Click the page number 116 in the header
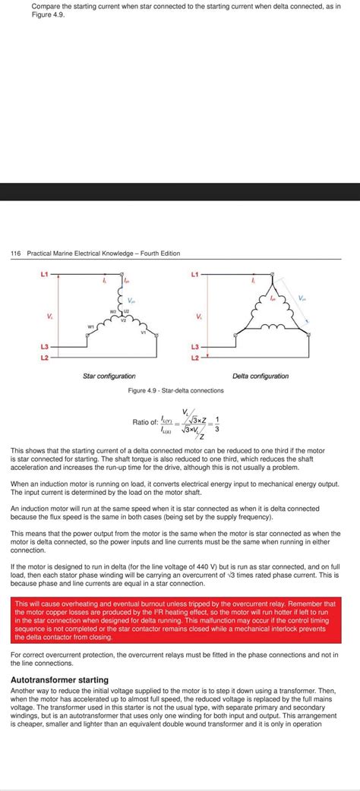coord(15,253)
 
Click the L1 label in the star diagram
coord(44,273)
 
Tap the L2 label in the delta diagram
coord(195,357)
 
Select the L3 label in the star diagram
coord(44,347)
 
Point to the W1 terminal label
coord(92,326)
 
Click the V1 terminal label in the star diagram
coord(144,332)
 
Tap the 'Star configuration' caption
coord(109,376)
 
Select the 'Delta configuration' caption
coord(261,376)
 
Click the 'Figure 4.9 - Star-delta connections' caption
coord(176,390)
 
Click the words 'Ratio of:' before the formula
coord(145,422)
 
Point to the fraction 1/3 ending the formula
coord(216,422)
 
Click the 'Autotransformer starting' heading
coord(59,679)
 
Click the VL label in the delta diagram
coord(199,315)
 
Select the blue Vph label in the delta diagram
coord(302,298)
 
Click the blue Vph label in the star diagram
coord(131,300)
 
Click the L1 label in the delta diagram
coord(195,273)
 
